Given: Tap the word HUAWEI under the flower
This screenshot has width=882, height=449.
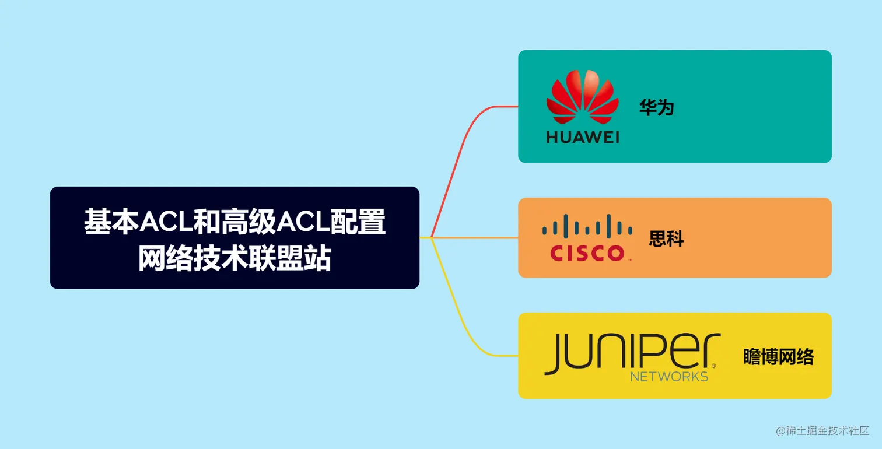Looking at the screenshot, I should (582, 138).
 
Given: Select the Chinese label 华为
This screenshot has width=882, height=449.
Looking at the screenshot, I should (656, 107).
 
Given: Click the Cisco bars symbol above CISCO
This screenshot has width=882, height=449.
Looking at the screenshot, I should (587, 225).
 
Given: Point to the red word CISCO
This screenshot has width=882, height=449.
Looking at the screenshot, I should (587, 253).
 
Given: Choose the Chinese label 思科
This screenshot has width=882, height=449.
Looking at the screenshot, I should (666, 238).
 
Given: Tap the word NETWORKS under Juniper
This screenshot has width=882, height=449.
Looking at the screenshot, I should (669, 376).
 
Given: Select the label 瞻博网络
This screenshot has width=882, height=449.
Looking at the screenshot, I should (778, 356).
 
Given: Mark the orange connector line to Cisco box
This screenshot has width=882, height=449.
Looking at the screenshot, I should (473, 238).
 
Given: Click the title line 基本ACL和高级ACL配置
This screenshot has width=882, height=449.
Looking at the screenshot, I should (235, 222).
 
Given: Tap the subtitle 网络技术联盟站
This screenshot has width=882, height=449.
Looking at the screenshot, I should (235, 258).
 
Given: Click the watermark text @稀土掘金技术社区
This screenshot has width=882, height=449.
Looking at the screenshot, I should (822, 430).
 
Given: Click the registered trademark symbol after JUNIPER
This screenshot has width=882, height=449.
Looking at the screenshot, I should (714, 366).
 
